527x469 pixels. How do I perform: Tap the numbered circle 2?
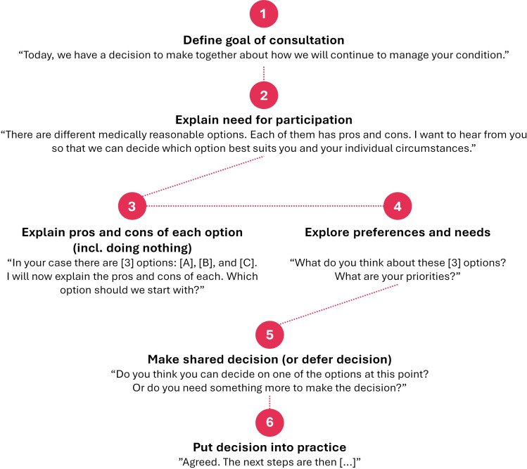coord(264,95)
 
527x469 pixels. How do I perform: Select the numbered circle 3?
coord(132,207)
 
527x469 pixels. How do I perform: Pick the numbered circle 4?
coord(398,207)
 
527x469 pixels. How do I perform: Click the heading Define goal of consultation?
coord(264,40)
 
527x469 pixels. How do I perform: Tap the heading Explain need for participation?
coord(264,120)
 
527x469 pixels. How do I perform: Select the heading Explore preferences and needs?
coord(398,231)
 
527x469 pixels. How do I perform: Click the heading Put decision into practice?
coord(269,446)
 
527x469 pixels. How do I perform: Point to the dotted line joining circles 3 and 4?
coord(265,207)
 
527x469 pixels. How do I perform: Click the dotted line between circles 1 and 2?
coord(264,73)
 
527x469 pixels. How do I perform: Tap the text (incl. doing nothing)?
coord(132,247)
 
